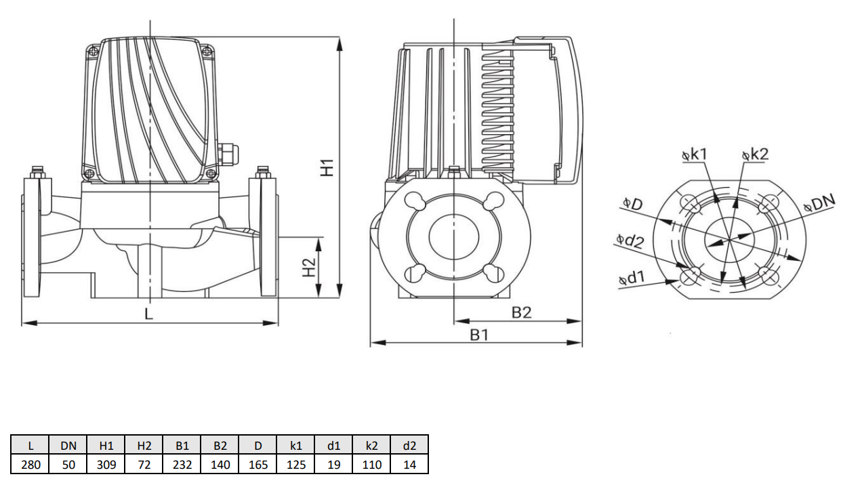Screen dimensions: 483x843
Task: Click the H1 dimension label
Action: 328,167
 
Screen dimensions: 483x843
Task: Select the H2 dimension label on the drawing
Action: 309,268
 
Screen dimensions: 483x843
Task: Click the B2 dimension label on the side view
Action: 521,312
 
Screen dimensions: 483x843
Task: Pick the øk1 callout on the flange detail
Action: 694,155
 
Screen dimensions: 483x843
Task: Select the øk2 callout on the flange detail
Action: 755,155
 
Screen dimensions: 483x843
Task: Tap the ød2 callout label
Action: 630,240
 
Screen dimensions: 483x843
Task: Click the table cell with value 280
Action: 30,464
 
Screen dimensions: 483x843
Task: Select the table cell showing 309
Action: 106,464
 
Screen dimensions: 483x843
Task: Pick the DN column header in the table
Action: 68,445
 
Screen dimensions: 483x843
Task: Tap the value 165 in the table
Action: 258,464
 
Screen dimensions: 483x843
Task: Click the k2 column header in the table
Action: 372,445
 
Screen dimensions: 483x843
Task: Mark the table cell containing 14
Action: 409,464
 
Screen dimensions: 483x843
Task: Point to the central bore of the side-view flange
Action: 454,242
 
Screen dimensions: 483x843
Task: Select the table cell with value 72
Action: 144,464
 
